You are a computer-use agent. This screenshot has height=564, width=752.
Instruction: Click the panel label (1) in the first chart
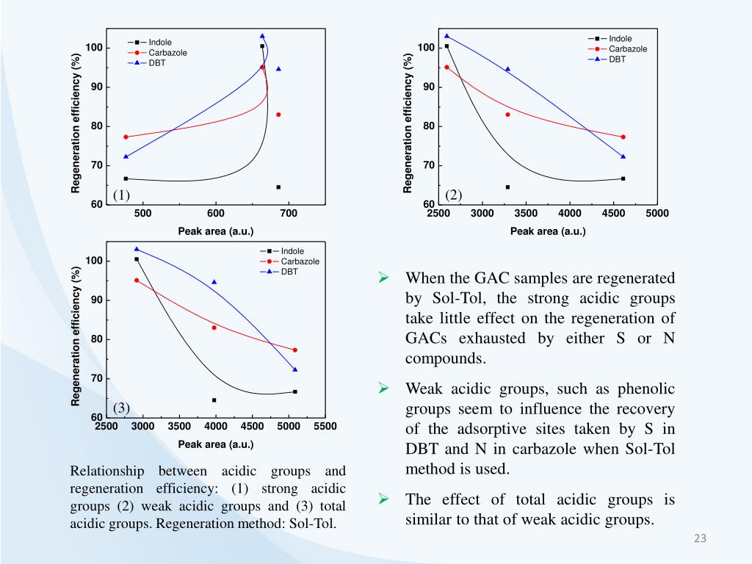click(x=121, y=195)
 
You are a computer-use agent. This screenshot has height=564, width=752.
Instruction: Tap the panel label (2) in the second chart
click(x=454, y=195)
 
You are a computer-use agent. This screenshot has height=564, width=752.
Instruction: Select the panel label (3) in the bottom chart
click(x=121, y=408)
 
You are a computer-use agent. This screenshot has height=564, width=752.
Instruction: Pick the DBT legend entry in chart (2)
click(x=616, y=59)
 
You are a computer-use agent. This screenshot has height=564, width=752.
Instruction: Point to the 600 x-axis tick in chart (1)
click(x=216, y=214)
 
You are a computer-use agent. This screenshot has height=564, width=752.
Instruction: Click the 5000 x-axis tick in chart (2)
click(x=657, y=214)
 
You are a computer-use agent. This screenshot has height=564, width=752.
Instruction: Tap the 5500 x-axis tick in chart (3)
click(x=325, y=427)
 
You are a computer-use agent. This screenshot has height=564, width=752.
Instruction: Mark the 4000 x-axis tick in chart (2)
click(x=570, y=214)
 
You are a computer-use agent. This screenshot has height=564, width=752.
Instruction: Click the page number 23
click(x=700, y=540)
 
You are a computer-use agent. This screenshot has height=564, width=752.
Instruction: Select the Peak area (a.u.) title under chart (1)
click(x=216, y=231)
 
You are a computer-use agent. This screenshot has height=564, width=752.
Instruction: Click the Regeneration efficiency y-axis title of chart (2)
click(x=408, y=123)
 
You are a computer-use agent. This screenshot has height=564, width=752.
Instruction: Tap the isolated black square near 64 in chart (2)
click(x=507, y=187)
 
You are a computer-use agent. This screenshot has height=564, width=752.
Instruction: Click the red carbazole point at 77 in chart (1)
click(x=126, y=137)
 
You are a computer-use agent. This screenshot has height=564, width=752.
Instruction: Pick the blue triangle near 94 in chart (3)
click(x=214, y=282)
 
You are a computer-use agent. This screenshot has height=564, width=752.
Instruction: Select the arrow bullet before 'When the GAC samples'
click(x=383, y=278)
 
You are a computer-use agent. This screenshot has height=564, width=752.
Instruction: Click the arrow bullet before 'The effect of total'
click(x=383, y=499)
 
